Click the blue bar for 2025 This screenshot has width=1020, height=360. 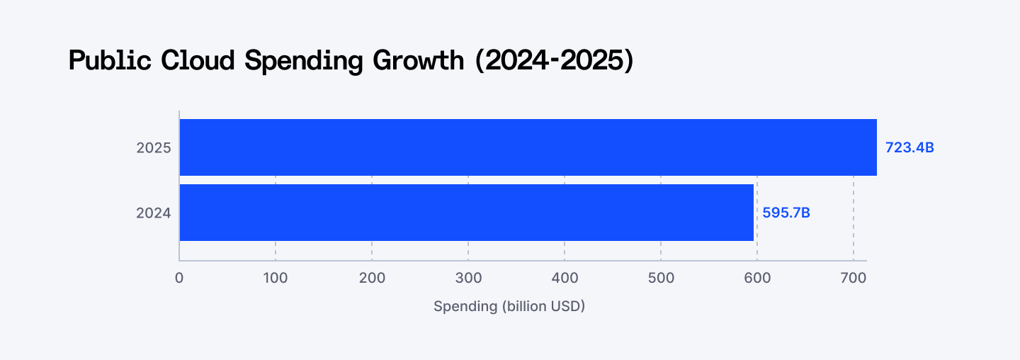click(x=528, y=147)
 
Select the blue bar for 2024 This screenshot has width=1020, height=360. click(x=466, y=213)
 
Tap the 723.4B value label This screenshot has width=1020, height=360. click(x=909, y=148)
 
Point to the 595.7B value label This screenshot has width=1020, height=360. click(x=786, y=213)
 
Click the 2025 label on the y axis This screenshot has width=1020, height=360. click(x=154, y=148)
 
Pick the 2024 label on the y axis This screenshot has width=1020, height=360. click(x=154, y=213)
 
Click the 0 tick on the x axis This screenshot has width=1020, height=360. click(x=179, y=278)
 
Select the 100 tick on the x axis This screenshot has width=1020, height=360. click(x=276, y=278)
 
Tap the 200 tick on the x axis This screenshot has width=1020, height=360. click(x=372, y=278)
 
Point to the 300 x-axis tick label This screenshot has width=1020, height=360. click(x=468, y=278)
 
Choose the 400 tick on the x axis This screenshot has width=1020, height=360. click(x=565, y=278)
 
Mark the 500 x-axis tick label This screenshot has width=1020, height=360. click(x=661, y=278)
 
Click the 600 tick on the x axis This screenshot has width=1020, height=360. click(x=757, y=278)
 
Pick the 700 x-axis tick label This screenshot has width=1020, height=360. click(x=853, y=278)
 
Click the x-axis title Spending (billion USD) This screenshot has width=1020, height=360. click(x=509, y=307)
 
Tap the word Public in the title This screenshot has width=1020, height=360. click(x=110, y=61)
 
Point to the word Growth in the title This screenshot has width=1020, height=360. click(x=418, y=61)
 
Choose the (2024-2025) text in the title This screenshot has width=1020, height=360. click(x=553, y=61)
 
